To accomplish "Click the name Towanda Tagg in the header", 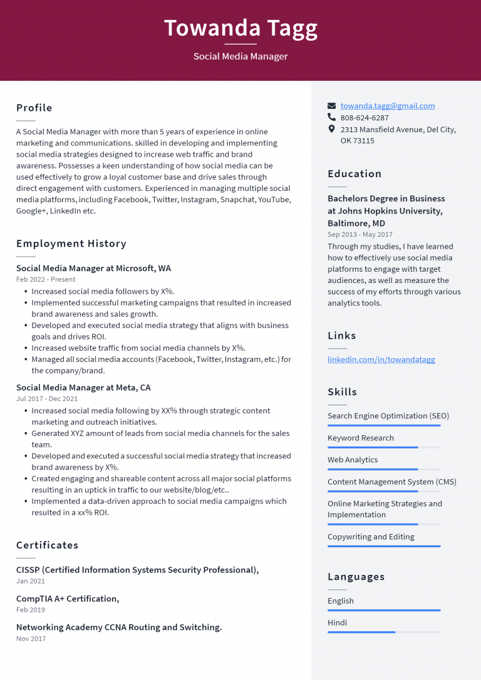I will tap(240, 28).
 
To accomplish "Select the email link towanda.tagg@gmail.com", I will tap(388, 106).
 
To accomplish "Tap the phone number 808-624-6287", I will tap(365, 118).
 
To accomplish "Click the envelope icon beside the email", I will tap(332, 106).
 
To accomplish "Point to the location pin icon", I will tap(332, 129).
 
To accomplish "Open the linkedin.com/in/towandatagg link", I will tap(381, 359).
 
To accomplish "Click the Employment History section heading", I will tap(71, 244).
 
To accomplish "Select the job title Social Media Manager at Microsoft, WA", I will tap(93, 268).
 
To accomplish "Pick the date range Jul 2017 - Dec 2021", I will tap(47, 399).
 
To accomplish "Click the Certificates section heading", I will tap(48, 545).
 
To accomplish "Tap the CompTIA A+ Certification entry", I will tap(68, 599).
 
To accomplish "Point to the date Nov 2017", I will tap(31, 639).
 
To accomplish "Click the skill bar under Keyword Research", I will tap(384, 448).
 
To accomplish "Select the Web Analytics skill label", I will tap(353, 460).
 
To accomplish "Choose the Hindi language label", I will tap(337, 622).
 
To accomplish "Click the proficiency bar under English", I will tap(384, 610).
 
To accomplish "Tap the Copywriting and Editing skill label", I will tap(371, 537).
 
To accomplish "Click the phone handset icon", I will tap(332, 117).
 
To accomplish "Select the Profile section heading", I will tap(34, 108).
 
